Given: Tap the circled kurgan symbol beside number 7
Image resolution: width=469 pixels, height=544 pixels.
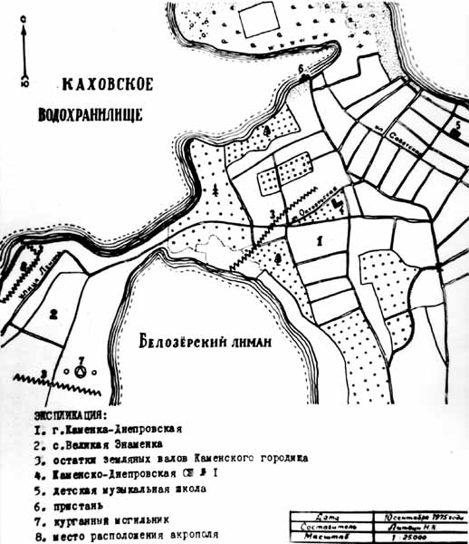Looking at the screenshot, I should [x=81, y=371].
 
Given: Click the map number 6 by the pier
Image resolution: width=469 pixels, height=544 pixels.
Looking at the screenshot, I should [x=302, y=69].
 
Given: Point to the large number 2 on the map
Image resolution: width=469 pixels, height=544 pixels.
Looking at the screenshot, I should [x=54, y=315].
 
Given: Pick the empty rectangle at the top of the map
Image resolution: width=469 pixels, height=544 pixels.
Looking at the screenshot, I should [x=259, y=19].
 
